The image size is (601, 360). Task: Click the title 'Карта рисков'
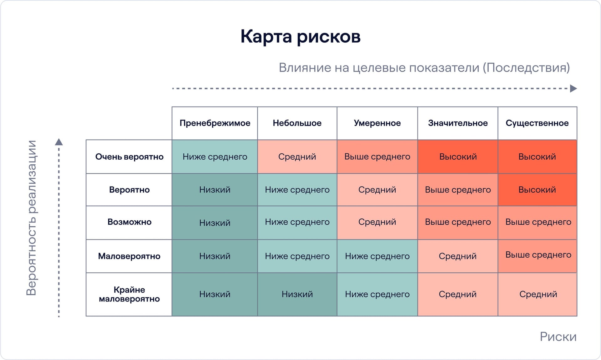[x=300, y=36]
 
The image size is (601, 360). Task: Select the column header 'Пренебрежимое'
[x=215, y=123]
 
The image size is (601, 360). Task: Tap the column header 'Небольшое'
[x=297, y=123]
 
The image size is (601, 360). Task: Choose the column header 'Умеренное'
[x=377, y=123]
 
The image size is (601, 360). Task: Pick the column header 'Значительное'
[x=458, y=123]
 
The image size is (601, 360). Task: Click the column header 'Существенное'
[x=537, y=123]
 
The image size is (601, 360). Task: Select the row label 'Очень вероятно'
[x=129, y=157]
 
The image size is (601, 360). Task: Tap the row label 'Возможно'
[x=129, y=222]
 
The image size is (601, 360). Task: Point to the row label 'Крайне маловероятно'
[x=129, y=294]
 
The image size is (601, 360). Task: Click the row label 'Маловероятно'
[x=129, y=256]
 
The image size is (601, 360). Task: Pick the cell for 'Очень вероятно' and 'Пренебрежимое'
[x=215, y=157]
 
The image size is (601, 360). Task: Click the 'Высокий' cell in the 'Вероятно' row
[x=537, y=190]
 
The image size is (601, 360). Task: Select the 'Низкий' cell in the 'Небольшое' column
[x=297, y=294]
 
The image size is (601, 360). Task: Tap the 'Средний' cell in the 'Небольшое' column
[x=297, y=157]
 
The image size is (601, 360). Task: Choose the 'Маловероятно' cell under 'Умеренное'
[x=377, y=256]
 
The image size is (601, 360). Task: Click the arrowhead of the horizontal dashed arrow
[x=573, y=89]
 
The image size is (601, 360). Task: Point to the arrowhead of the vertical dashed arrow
[x=59, y=142]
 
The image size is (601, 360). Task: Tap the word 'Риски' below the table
[x=558, y=337]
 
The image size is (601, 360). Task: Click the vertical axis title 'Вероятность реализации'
[x=31, y=218]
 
